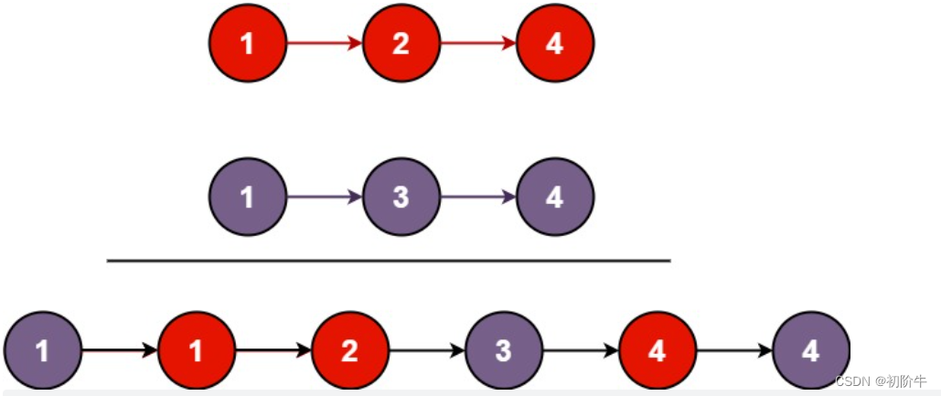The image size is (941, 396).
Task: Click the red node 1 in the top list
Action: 248,43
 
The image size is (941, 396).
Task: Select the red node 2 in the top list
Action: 401,43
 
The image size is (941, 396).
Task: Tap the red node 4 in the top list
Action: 555,43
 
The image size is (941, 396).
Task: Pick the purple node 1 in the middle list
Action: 248,197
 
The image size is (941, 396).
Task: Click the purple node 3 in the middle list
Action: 401,197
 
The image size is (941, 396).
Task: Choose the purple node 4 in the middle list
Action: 555,197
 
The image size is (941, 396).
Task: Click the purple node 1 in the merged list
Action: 43,350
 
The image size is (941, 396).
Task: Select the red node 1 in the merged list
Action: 197,350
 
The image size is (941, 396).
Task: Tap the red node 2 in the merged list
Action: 350,350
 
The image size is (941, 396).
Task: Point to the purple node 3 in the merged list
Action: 504,350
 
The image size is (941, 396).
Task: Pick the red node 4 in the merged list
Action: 658,350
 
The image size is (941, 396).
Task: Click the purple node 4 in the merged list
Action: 811,350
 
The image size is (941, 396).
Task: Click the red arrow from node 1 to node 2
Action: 325,43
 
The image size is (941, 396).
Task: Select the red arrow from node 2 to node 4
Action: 478,43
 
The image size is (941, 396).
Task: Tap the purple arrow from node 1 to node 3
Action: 325,197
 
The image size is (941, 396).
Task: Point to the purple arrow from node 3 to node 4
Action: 478,197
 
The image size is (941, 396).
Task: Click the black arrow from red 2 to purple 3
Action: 427,350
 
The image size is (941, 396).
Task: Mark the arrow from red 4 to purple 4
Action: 734,350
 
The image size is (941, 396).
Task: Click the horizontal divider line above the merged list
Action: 389,261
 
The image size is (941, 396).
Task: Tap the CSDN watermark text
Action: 881,381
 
